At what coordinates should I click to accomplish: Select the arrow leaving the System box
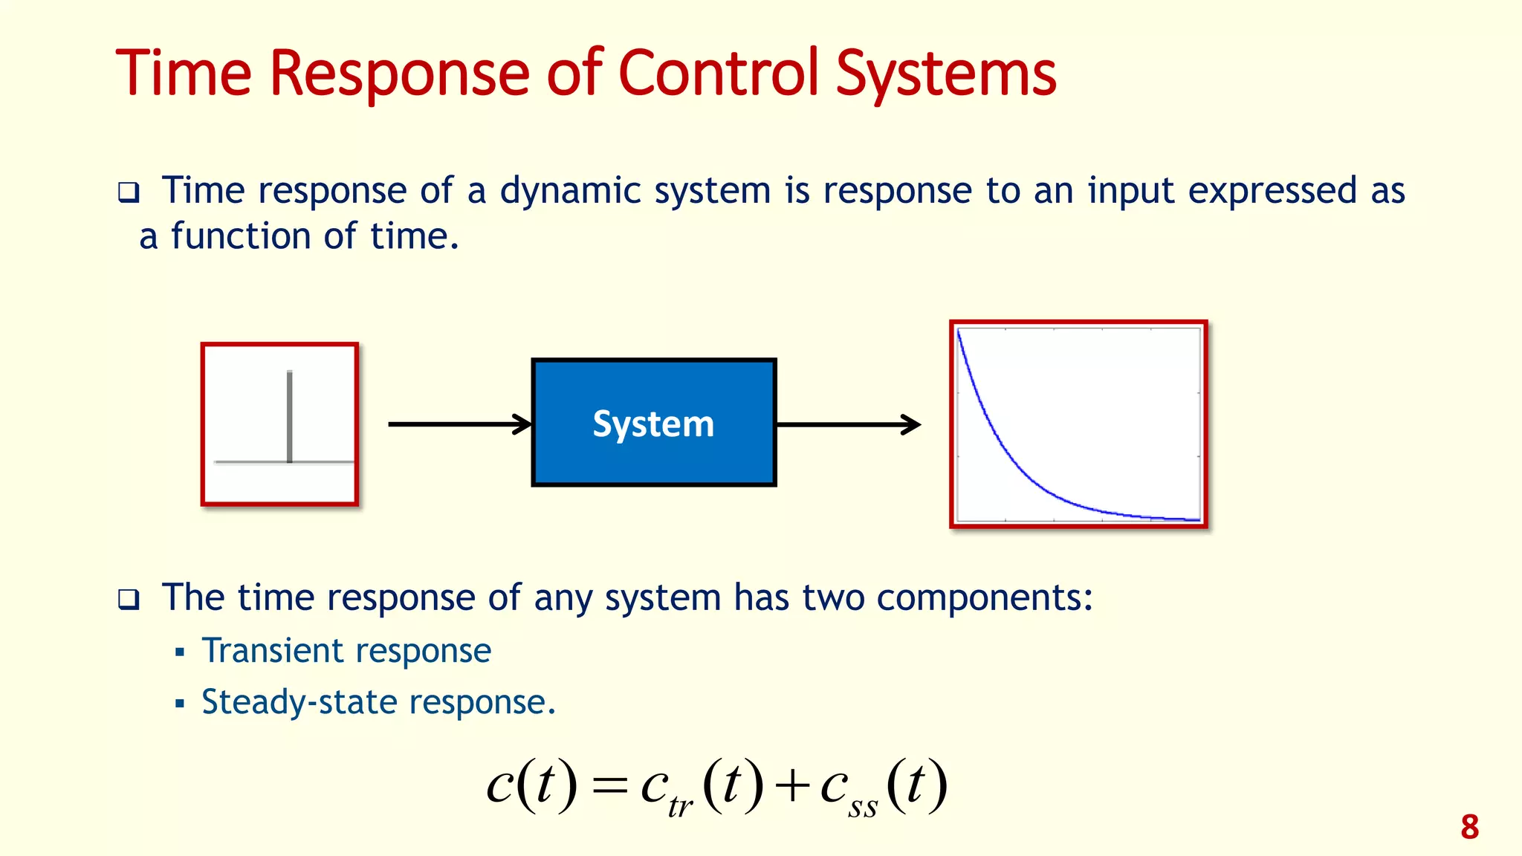(x=848, y=425)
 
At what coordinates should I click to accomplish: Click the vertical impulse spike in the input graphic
(x=289, y=416)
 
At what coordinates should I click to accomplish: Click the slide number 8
(x=1469, y=827)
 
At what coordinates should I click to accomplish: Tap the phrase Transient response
(x=346, y=651)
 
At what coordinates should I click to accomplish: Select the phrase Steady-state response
(x=378, y=702)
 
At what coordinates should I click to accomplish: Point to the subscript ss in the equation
(x=862, y=807)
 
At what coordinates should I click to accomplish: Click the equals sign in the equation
(x=610, y=786)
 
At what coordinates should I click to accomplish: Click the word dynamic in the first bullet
(x=570, y=191)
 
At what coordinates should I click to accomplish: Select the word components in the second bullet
(x=984, y=597)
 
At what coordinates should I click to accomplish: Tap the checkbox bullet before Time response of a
(x=129, y=193)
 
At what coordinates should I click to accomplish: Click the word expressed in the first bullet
(x=1272, y=191)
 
